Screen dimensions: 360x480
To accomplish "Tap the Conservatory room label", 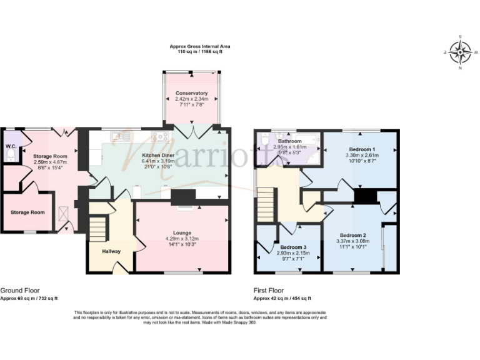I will coord(192,93).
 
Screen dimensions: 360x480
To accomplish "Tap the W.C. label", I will coord(11,146).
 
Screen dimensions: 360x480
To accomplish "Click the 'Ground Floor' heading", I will coord(21,291).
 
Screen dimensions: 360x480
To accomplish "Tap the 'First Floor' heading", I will coord(269,291).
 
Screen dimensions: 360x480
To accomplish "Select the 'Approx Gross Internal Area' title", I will coord(196,46).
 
